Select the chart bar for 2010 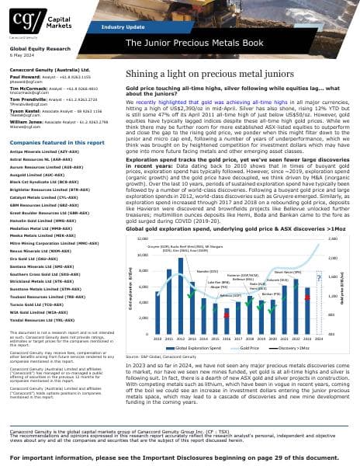[x=158, y=289]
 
